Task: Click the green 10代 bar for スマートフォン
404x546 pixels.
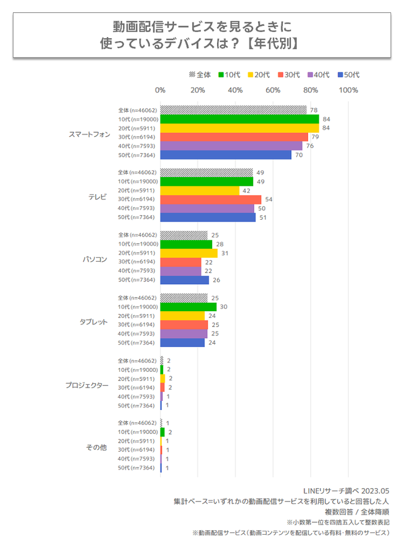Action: click(240, 119)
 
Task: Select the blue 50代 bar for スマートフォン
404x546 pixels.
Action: click(226, 154)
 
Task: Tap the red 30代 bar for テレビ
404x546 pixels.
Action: click(211, 199)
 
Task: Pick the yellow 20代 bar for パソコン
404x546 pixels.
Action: click(189, 253)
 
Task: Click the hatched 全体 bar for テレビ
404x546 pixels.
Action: click(206, 172)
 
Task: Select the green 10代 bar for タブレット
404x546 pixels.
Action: click(189, 307)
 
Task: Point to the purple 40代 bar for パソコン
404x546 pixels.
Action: click(181, 271)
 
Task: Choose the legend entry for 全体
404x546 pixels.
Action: click(200, 75)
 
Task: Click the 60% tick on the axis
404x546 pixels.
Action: click(273, 90)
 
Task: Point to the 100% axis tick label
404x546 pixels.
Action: click(348, 90)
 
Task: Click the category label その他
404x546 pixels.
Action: click(96, 447)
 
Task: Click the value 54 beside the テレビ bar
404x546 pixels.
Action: click(268, 199)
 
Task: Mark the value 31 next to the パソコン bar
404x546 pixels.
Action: click(224, 253)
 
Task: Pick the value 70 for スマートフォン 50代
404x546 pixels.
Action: click(299, 154)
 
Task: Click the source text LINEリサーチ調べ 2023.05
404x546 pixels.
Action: click(346, 490)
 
